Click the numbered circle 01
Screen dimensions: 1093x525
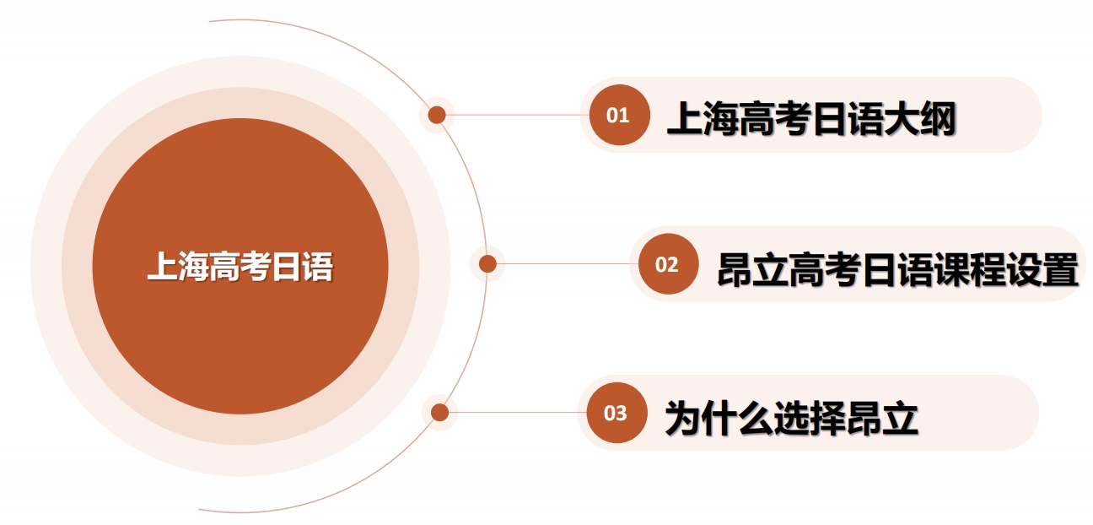[x=619, y=115]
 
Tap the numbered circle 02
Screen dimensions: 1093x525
[x=669, y=263]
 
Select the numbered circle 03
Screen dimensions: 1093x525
[x=616, y=413]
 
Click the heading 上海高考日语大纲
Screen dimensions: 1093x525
[x=811, y=118]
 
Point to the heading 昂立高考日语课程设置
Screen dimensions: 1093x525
[x=898, y=268]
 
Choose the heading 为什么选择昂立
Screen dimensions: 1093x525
[x=791, y=418]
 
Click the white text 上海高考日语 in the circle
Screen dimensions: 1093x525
[x=240, y=266]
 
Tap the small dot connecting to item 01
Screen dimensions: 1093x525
[x=437, y=116]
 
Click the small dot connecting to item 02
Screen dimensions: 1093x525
[x=487, y=264]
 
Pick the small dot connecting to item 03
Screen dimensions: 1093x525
[x=439, y=413]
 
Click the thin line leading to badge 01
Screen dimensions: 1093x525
[x=518, y=116]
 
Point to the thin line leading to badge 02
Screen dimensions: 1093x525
[x=568, y=264]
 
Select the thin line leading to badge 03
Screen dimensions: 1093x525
[x=518, y=413]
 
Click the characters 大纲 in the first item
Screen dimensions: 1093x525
[x=920, y=118]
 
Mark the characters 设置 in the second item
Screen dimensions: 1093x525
[x=1042, y=268]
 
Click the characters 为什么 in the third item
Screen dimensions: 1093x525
[x=719, y=418]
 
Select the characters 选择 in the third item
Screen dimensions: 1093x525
[x=810, y=418]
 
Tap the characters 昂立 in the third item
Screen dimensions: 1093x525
[x=882, y=418]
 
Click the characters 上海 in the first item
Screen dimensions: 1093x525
[x=703, y=118]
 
